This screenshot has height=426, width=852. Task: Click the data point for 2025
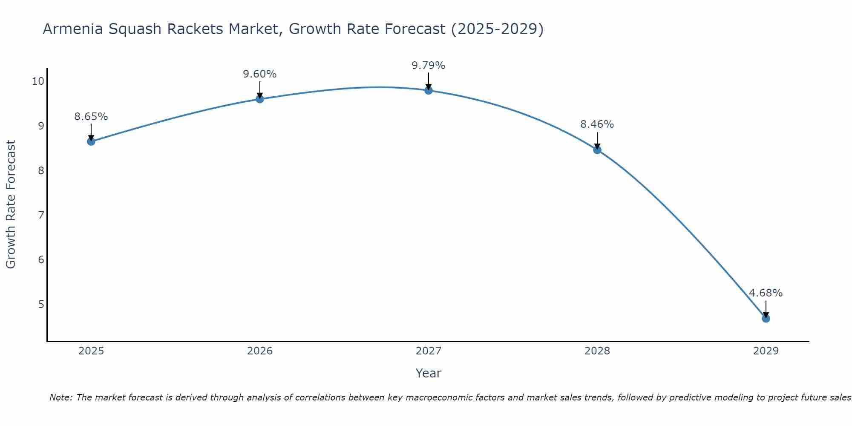point(91,141)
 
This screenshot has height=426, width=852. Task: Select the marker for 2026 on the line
point(260,99)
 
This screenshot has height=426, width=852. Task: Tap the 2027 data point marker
point(429,90)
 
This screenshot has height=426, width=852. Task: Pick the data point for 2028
point(597,150)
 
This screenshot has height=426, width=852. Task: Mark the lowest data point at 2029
point(766,319)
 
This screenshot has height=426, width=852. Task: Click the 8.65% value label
point(91,117)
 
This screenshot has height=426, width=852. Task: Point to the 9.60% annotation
point(259,74)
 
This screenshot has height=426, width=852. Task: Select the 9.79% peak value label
point(428,66)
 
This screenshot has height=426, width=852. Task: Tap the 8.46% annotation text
point(597,124)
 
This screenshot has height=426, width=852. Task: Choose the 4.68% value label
point(766,293)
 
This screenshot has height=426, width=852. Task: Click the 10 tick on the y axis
point(37,81)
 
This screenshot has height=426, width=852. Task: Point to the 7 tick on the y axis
point(41,215)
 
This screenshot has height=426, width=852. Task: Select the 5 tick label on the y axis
point(41,304)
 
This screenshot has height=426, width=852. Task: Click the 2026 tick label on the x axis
point(260,351)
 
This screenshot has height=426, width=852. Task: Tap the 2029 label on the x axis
point(766,351)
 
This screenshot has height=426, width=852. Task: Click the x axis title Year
point(428,373)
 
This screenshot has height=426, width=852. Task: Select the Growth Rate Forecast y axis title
point(11,204)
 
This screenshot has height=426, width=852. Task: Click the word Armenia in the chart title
point(72,29)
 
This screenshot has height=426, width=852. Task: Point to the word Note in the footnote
point(60,397)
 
